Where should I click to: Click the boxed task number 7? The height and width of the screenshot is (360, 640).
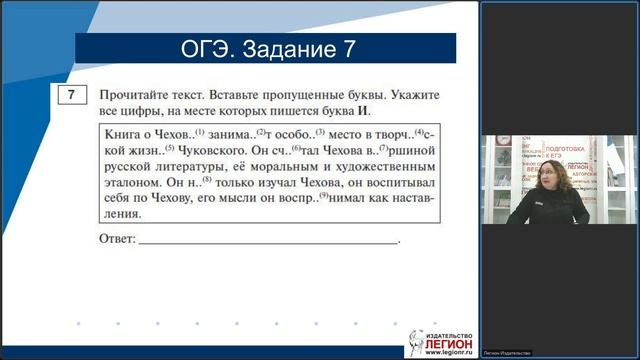click(70, 97)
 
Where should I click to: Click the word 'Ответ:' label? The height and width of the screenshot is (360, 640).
click(117, 240)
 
